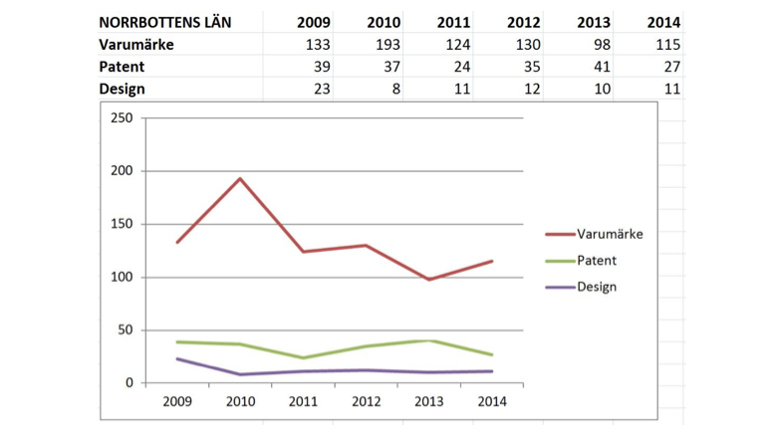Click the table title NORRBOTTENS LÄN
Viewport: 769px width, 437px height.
[165, 22]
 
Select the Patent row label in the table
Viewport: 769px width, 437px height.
[123, 67]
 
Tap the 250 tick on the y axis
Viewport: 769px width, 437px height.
[123, 118]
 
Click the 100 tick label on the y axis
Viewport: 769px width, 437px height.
[123, 277]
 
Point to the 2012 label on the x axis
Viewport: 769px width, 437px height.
[366, 401]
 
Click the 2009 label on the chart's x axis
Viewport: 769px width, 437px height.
[176, 401]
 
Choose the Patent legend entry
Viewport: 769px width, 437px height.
[597, 260]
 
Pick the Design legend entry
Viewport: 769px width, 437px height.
[596, 287]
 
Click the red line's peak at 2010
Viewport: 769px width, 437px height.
[239, 179]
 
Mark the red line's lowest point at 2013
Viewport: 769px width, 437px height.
[428, 280]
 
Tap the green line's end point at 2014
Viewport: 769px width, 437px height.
[491, 354]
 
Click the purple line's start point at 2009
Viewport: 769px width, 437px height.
[176, 358]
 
